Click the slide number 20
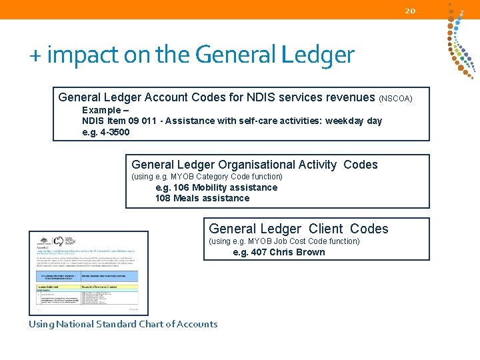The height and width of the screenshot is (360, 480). tap(410, 10)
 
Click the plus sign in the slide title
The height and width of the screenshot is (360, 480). tap(35, 56)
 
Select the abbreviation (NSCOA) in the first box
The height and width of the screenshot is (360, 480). tap(396, 99)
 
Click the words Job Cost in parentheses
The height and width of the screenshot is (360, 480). tap(289, 241)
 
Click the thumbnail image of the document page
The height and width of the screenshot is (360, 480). tap(89, 272)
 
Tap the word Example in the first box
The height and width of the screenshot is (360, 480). tap(101, 110)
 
